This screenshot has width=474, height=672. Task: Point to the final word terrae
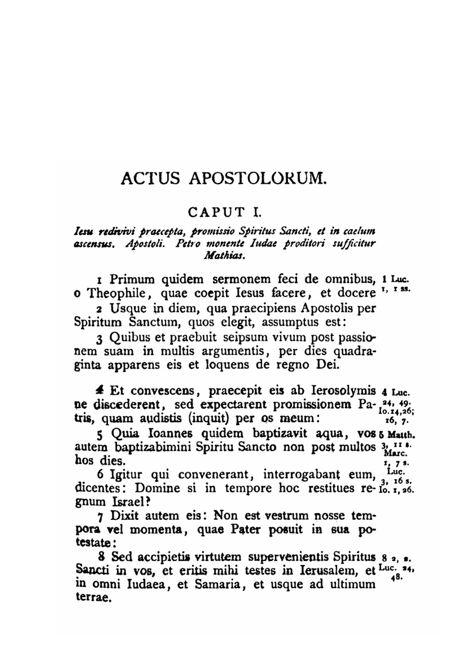93,598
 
